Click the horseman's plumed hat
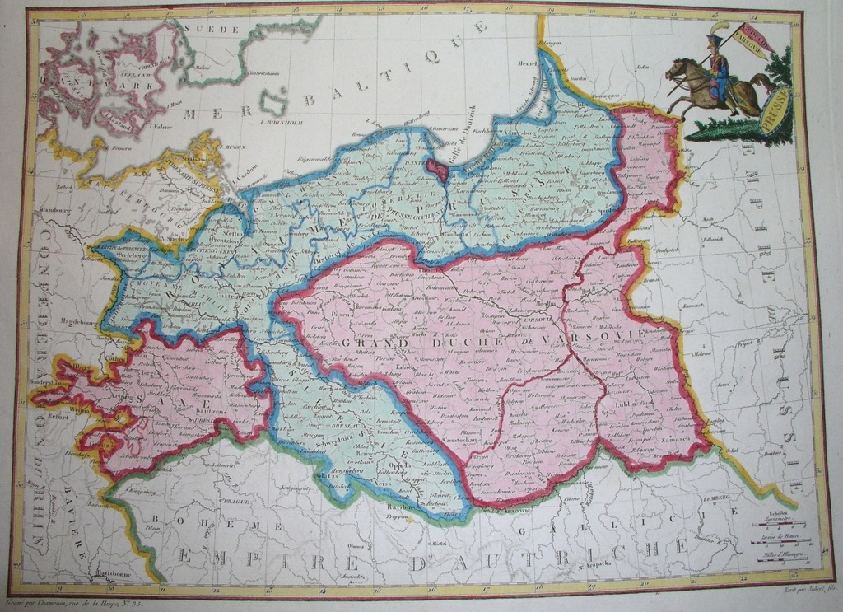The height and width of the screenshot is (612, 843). pyautogui.click(x=714, y=38)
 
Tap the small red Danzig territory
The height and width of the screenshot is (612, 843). pyautogui.click(x=437, y=170)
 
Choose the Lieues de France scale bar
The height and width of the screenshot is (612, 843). pyautogui.click(x=781, y=538)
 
